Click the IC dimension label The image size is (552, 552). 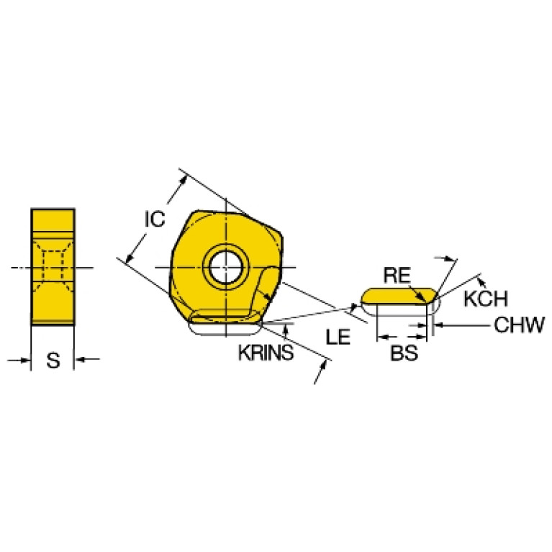155,219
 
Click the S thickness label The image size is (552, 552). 53,360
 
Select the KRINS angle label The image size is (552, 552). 266,353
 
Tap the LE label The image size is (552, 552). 338,337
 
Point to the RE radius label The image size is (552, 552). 397,275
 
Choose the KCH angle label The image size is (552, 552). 486,299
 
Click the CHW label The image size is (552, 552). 520,325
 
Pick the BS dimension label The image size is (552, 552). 404,353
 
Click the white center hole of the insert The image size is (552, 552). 226,267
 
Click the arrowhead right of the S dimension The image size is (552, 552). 79,359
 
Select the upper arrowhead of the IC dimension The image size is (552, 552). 183,180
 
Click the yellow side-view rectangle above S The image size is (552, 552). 53,266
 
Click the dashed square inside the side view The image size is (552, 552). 53,266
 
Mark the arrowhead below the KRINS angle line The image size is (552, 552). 286,329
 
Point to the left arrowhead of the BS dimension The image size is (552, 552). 382,337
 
